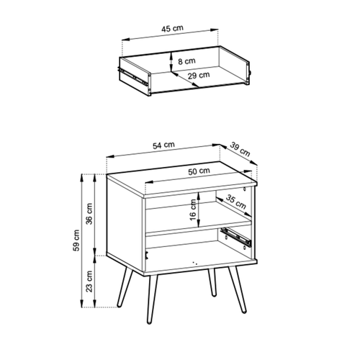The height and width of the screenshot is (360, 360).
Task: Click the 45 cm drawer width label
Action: click(172, 29)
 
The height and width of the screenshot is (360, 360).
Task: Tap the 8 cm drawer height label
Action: click(186, 61)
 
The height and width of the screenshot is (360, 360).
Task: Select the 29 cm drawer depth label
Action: click(199, 76)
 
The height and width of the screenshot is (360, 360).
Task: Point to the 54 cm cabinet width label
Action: click(163, 145)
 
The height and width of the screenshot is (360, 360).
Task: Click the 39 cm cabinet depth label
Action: click(240, 149)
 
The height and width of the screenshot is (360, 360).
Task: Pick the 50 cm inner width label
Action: click(199, 171)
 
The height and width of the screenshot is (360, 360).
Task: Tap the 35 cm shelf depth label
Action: click(236, 202)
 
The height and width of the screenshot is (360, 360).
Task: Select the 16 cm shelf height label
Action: click(193, 210)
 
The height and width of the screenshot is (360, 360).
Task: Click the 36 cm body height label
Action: click(89, 214)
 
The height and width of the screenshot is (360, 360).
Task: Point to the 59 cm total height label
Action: click(76, 240)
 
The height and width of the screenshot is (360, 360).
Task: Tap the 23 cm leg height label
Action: click(89, 281)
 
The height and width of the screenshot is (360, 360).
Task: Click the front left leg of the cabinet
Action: click(152, 300)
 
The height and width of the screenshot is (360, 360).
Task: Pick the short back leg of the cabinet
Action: click(212, 282)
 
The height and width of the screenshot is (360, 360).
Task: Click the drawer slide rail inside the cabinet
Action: click(236, 238)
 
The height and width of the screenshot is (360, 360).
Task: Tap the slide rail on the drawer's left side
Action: click(132, 76)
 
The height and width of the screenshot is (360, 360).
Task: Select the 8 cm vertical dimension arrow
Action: click(171, 62)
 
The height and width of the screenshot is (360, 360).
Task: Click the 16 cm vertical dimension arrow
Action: click(199, 210)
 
